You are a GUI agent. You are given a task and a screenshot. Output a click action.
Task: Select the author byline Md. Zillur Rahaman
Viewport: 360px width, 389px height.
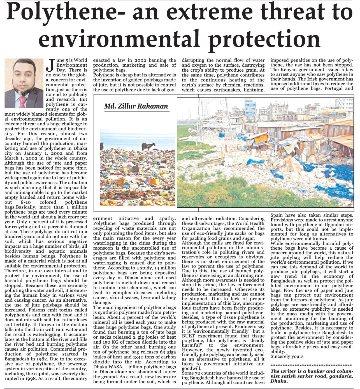point(136,106)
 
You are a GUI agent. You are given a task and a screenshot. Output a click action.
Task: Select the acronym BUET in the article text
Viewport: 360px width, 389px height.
point(188,336)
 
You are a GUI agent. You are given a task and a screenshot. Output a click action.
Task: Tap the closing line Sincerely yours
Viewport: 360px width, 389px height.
point(287,356)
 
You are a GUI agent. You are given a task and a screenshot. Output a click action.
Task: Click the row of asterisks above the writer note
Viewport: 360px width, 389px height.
point(312,365)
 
